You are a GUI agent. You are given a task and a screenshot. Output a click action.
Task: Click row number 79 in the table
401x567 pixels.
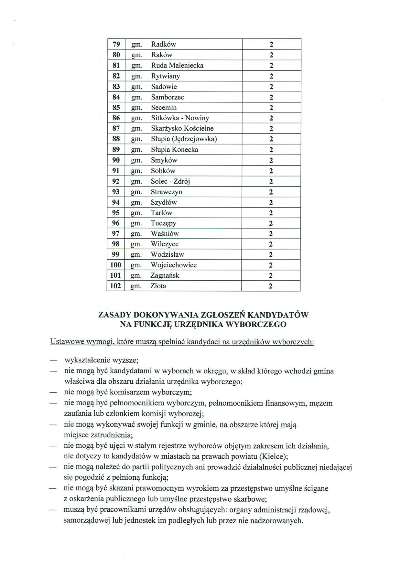pos(116,44)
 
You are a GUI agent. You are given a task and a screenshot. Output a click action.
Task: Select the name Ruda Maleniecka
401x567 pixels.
pos(177,65)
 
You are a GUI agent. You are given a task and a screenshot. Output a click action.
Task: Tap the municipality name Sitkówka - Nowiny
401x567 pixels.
pos(180,118)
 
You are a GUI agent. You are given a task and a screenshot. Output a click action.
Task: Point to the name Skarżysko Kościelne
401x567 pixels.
pos(182,128)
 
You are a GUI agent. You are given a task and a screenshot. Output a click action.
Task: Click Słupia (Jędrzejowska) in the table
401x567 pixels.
pos(184,139)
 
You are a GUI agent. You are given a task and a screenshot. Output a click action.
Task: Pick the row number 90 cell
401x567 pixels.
pos(116,160)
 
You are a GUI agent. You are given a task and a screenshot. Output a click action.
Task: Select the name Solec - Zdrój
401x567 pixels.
pos(170,181)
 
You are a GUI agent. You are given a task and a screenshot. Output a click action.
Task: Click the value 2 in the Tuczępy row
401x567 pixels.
pos(271,223)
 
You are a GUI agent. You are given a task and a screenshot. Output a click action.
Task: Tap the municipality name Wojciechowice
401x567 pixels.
pos(174,265)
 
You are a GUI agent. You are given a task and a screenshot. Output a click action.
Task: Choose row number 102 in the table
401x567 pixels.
pos(115,286)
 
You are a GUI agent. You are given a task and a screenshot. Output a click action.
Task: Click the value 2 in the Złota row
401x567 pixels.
pos(271,286)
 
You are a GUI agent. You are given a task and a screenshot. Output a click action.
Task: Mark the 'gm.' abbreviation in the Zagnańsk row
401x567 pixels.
pos(136,276)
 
